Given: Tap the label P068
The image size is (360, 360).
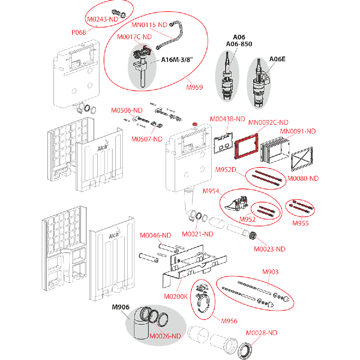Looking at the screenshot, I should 79,32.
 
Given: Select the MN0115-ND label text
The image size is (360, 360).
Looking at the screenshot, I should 149,25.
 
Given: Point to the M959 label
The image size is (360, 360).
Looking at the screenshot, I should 194,87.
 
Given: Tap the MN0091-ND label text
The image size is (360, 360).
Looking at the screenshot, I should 298,131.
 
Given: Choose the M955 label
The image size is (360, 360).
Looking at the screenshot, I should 300,223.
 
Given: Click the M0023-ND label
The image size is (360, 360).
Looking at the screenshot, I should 270,249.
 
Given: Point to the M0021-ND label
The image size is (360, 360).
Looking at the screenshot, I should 198,234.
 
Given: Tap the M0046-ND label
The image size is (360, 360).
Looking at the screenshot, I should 156,236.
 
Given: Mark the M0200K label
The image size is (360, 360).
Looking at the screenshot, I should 176,297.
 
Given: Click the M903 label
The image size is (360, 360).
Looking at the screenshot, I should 270,272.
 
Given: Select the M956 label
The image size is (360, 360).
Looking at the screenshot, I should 229,321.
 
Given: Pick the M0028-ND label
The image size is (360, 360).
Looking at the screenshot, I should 262,332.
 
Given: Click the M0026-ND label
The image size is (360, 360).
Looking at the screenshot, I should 165,336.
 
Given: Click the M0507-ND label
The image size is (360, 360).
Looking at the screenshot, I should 147,139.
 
